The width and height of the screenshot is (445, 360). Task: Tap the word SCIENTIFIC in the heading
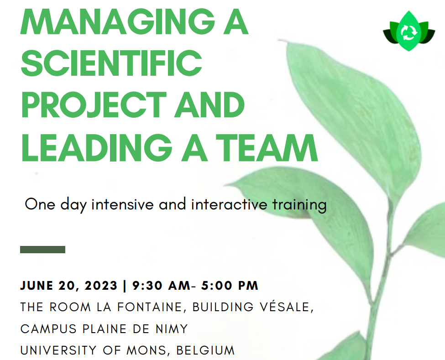click(x=111, y=63)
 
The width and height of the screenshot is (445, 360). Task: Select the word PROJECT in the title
click(x=94, y=104)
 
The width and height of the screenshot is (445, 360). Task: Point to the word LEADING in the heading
click(x=97, y=147)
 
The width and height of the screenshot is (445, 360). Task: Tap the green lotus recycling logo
click(x=409, y=31)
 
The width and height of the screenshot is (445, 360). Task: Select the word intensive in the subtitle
click(x=122, y=204)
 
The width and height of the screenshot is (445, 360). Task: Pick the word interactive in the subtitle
click(x=229, y=204)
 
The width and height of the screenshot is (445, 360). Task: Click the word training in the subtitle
click(x=299, y=205)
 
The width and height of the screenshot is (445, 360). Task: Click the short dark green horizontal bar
click(x=42, y=250)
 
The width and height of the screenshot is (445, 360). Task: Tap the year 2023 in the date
click(x=101, y=285)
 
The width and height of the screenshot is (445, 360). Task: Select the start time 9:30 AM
click(x=162, y=285)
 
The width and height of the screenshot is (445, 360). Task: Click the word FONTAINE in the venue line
click(x=150, y=307)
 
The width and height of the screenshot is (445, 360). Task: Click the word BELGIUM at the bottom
click(x=205, y=350)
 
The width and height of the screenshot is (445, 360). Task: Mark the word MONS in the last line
click(x=147, y=350)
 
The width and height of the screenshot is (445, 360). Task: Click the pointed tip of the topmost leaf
click(x=279, y=40)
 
